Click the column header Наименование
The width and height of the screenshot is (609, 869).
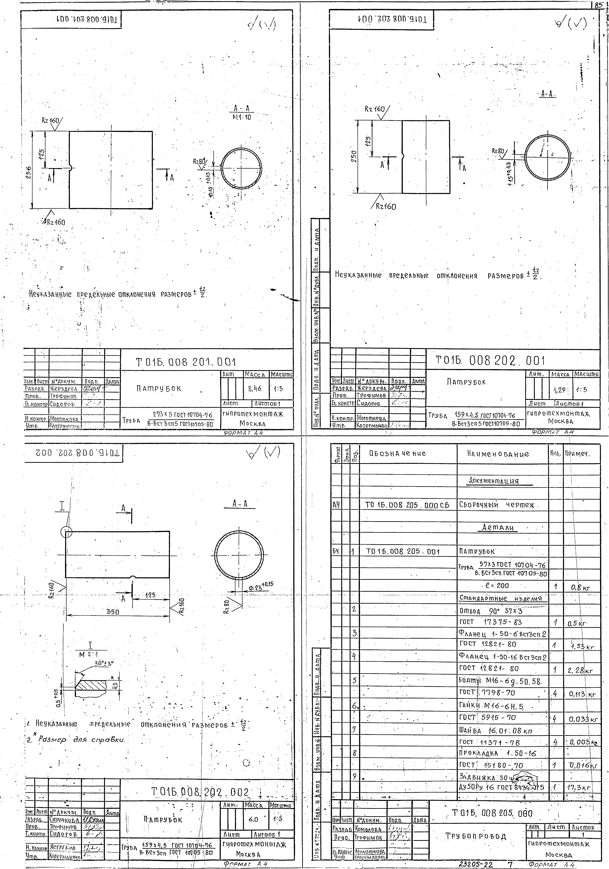[x=498, y=454]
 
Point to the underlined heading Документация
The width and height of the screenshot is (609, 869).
[x=494, y=481]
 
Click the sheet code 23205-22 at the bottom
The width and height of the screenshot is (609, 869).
[x=476, y=864]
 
